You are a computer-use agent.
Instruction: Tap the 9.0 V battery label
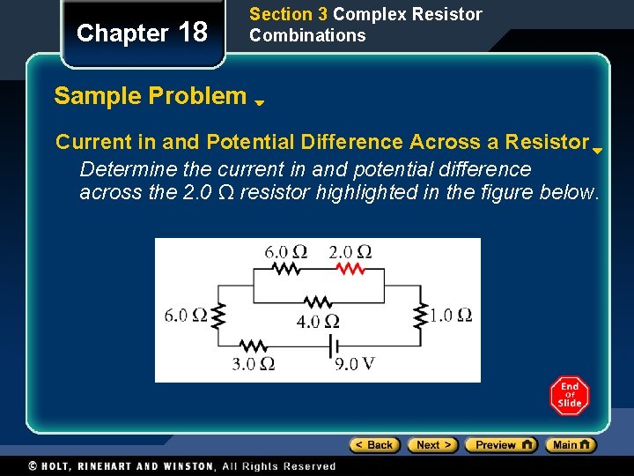[355, 362]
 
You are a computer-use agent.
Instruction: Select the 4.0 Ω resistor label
[318, 321]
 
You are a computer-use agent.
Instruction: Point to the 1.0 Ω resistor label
[452, 315]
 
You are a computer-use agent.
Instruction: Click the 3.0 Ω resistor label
[254, 362]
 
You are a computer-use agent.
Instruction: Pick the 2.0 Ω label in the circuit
[350, 252]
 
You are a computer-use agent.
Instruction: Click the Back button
[375, 445]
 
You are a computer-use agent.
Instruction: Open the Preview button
[500, 445]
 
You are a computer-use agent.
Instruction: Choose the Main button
[571, 445]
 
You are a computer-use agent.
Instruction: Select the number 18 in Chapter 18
[192, 33]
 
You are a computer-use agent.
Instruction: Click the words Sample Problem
[150, 96]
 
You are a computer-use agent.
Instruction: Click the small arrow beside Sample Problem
[260, 102]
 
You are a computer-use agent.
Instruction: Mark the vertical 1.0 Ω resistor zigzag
[421, 315]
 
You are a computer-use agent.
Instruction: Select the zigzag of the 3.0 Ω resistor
[254, 345]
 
